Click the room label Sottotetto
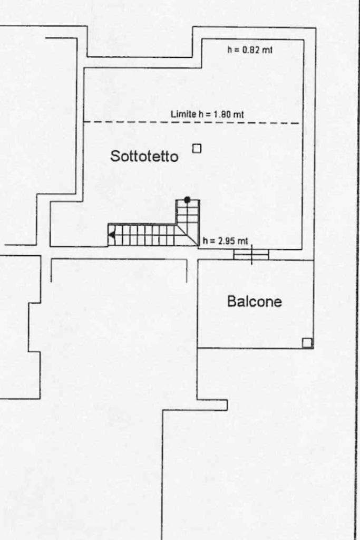coord(144,156)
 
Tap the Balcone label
coord(254,302)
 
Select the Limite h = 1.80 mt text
coord(207,114)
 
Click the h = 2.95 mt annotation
coord(225,241)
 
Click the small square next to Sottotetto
coord(197,149)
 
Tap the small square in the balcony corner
coord(307,343)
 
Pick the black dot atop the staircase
coord(187,199)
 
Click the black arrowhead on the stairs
coord(111,235)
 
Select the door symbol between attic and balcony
coord(251,254)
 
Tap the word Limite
coord(182,114)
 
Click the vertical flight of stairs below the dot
coord(188,213)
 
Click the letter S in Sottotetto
coord(114,156)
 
